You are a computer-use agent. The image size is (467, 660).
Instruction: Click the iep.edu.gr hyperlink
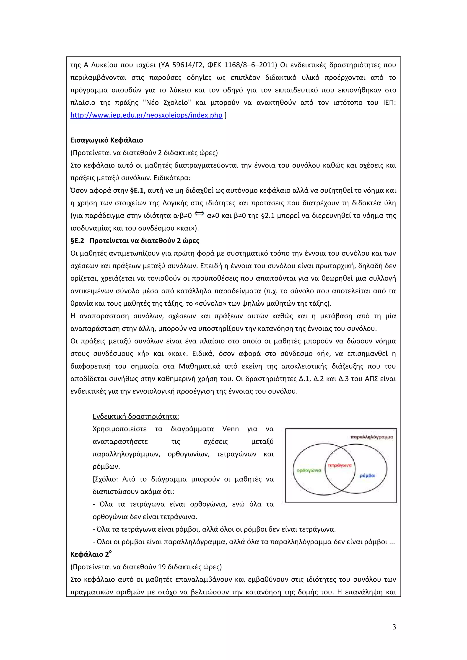coord(146,115)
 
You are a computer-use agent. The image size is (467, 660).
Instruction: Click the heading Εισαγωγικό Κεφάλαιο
coord(107,140)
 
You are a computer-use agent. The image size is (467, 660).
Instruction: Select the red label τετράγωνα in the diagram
coord(340,465)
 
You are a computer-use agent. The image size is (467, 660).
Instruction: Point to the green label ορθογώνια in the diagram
coord(309,470)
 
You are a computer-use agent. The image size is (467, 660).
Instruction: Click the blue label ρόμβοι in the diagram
coord(368,475)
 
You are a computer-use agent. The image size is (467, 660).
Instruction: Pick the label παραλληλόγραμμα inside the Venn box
coord(371,437)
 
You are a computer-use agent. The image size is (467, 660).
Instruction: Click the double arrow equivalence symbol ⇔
coord(199,213)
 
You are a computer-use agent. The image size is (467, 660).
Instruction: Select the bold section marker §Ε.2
coord(77,241)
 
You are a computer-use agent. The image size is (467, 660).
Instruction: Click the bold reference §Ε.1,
coord(138,191)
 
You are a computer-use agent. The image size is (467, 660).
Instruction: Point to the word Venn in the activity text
coord(230,429)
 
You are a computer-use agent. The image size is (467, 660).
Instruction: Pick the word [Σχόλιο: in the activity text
coord(105,479)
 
